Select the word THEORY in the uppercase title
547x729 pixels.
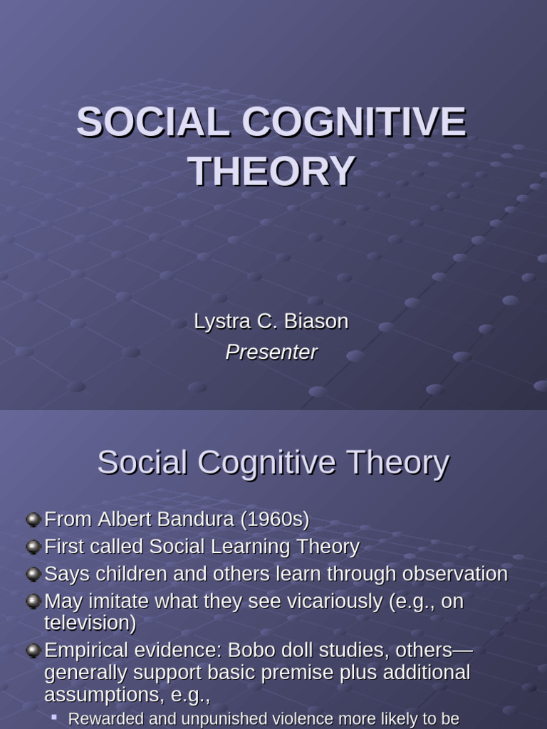(x=271, y=171)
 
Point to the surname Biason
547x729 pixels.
(x=316, y=321)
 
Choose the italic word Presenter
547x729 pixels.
(x=271, y=352)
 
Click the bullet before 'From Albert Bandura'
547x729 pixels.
(x=33, y=520)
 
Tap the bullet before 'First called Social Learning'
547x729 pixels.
(x=33, y=547)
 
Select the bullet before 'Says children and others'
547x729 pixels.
(x=33, y=574)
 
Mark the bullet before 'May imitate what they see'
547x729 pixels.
(x=33, y=602)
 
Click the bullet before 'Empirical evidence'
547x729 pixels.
(x=33, y=650)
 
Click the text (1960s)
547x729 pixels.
(x=275, y=520)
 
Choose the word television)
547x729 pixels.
(x=90, y=624)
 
